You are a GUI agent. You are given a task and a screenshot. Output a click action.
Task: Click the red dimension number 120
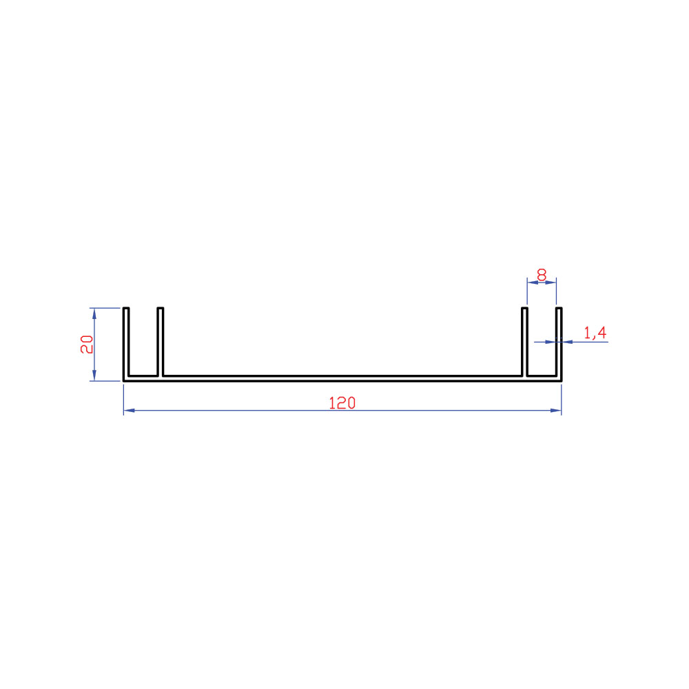click(342, 402)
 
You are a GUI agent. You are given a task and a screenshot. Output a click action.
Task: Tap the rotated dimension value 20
click(87, 344)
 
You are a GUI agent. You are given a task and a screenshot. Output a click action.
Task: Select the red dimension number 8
click(542, 275)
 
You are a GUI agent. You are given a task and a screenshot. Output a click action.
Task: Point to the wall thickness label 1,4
click(595, 333)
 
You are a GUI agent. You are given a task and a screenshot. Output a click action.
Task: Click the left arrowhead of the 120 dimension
click(130, 411)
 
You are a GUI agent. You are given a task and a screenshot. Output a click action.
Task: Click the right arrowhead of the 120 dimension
click(556, 411)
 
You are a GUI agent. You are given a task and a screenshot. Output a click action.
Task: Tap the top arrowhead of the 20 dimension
click(94, 313)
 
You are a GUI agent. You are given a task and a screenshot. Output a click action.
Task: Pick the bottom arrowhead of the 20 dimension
click(94, 376)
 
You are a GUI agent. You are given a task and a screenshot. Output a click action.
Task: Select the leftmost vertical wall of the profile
click(126, 344)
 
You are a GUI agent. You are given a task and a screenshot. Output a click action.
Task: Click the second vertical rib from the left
click(161, 342)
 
